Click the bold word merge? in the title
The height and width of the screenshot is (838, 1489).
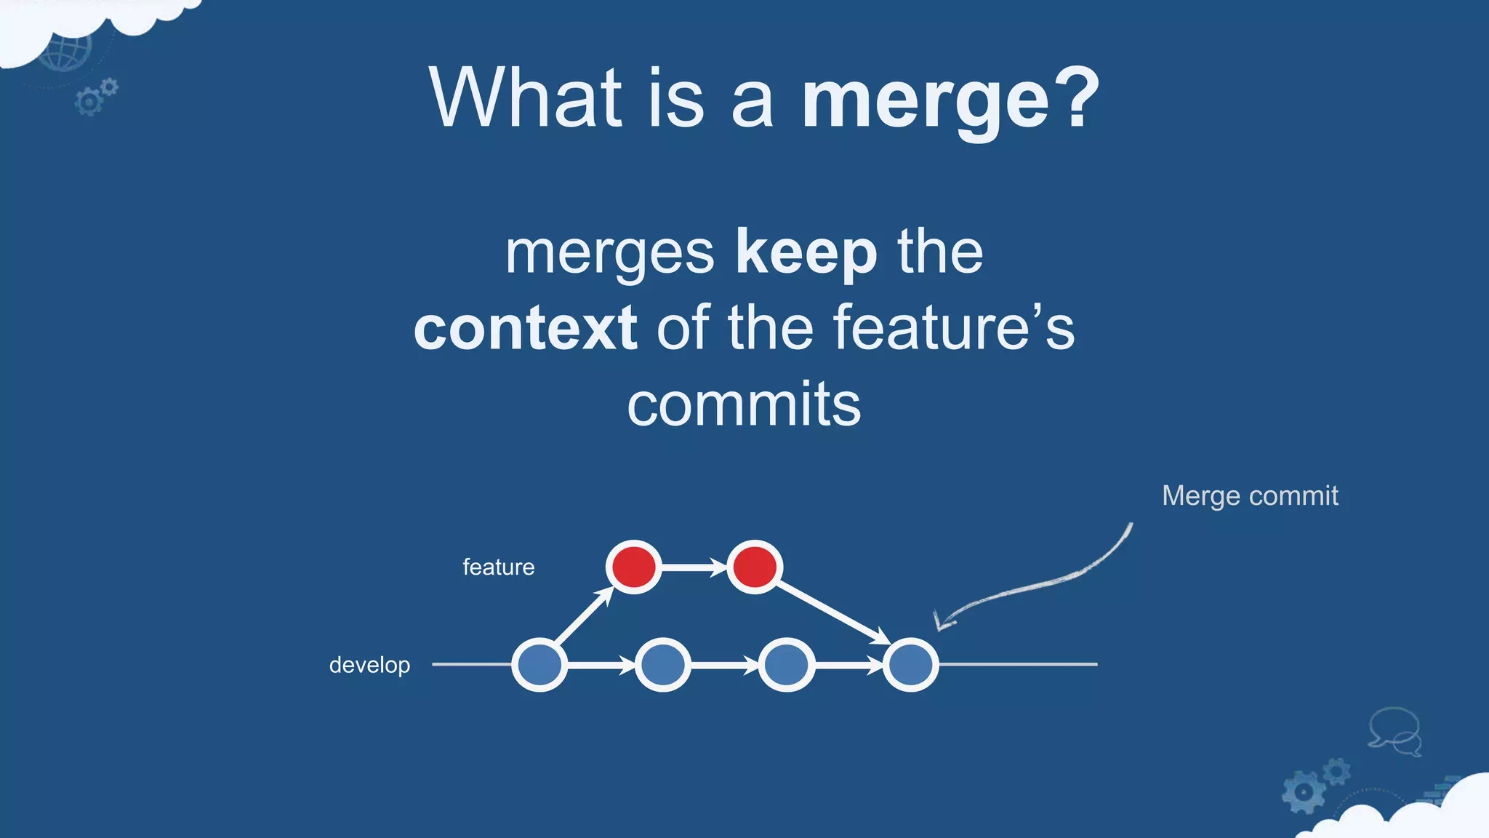[950, 99]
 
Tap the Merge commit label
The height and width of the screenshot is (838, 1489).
[1249, 496]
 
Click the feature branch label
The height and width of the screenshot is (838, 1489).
[498, 567]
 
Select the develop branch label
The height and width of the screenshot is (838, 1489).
[369, 665]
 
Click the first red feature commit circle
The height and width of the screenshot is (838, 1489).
[633, 567]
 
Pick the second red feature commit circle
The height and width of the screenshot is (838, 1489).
[755, 567]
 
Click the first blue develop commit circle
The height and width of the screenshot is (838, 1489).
[539, 665]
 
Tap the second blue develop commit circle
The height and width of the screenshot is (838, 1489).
[662, 665]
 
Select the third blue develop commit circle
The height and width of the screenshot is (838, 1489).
[786, 665]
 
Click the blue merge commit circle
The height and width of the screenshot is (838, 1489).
[910, 665]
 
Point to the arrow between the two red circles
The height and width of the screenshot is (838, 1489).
[694, 567]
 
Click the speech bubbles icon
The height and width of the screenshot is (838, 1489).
[1394, 732]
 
